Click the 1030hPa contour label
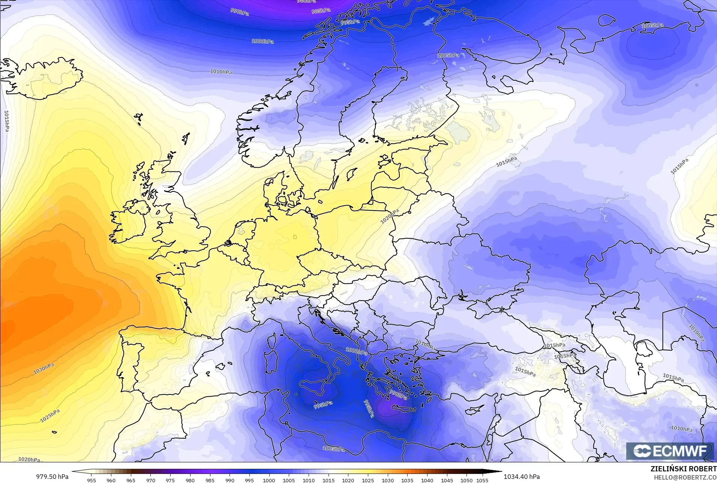[44, 369]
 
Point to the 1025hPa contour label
[50, 416]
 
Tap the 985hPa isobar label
[321, 11]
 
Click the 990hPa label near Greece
[398, 394]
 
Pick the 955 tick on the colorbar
[91, 480]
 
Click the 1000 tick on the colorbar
[269, 480]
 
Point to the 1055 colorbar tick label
[482, 480]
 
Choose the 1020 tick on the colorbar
[348, 480]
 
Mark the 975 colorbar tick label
[170, 480]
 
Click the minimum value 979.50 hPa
[52, 477]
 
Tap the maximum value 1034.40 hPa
[522, 477]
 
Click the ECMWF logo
[670, 451]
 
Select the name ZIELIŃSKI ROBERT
[683, 469]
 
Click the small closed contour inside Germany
[295, 237]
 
